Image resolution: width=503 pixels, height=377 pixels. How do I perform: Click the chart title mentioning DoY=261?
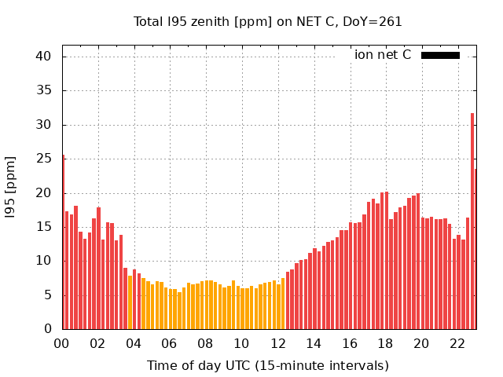click(x=268, y=22)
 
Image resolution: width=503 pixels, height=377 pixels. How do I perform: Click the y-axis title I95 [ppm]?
click(x=11, y=187)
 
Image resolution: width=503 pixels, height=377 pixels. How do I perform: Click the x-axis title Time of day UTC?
click(x=268, y=365)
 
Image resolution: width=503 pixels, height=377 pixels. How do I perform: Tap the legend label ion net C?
click(x=383, y=55)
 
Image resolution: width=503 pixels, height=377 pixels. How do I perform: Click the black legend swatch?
click(x=440, y=55)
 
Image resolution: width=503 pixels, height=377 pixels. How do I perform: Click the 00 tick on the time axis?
click(x=62, y=343)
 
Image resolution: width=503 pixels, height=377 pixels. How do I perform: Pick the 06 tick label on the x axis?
click(x=170, y=343)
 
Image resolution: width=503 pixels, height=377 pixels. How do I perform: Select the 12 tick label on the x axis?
click(x=277, y=343)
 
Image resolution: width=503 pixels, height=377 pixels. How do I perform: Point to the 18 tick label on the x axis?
click(x=385, y=343)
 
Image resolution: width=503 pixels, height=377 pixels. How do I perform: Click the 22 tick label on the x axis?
click(x=457, y=343)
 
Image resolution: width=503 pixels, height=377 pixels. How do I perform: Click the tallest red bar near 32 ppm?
click(x=472, y=220)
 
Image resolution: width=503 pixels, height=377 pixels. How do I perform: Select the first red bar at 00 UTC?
click(x=63, y=243)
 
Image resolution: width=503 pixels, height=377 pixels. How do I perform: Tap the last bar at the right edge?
click(x=475, y=250)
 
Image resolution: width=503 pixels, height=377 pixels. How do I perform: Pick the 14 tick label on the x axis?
click(x=314, y=343)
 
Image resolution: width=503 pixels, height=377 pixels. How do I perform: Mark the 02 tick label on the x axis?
click(x=98, y=343)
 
